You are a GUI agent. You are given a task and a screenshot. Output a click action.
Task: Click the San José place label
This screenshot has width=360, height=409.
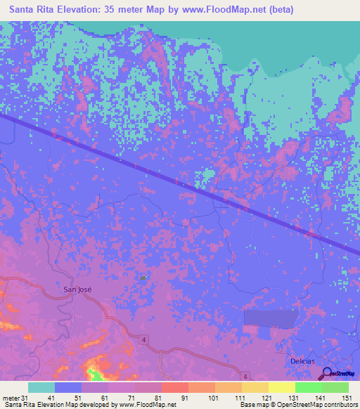[x=77, y=289]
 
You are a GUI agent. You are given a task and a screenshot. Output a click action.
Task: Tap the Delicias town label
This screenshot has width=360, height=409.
[x=303, y=361]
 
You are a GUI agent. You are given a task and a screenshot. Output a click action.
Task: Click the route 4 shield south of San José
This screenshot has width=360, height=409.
[x=145, y=340]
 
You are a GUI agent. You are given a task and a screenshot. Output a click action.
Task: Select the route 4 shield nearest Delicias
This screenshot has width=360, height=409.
[x=245, y=377]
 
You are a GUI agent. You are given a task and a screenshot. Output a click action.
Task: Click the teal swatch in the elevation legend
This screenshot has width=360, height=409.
[x=41, y=387]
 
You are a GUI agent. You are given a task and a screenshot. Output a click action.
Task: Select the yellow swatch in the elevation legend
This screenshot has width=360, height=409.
[x=281, y=387]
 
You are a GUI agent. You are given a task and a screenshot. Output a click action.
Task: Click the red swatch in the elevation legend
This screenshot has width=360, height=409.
[x=174, y=387]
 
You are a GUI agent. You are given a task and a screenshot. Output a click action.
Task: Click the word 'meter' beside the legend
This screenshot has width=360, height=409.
[x=11, y=398]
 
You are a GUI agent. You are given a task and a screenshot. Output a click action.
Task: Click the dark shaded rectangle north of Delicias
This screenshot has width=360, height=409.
[x=271, y=319]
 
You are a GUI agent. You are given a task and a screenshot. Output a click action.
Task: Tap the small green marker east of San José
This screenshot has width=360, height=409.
[x=144, y=278]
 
